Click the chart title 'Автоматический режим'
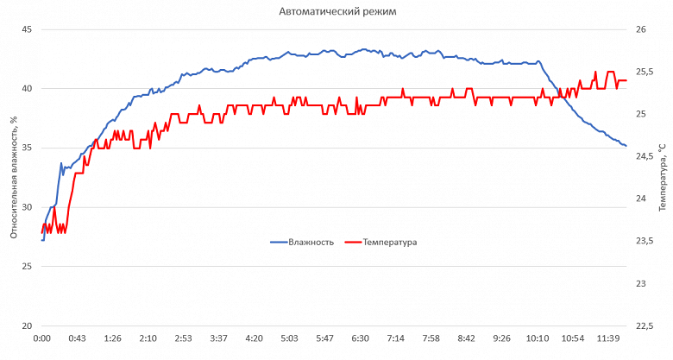(337, 11)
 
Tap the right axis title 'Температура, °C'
(662, 178)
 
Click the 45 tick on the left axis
(26, 29)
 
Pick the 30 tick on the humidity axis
(26, 207)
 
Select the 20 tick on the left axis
(26, 325)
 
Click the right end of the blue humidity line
(626, 146)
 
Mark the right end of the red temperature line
(626, 80)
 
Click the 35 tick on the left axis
(26, 148)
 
